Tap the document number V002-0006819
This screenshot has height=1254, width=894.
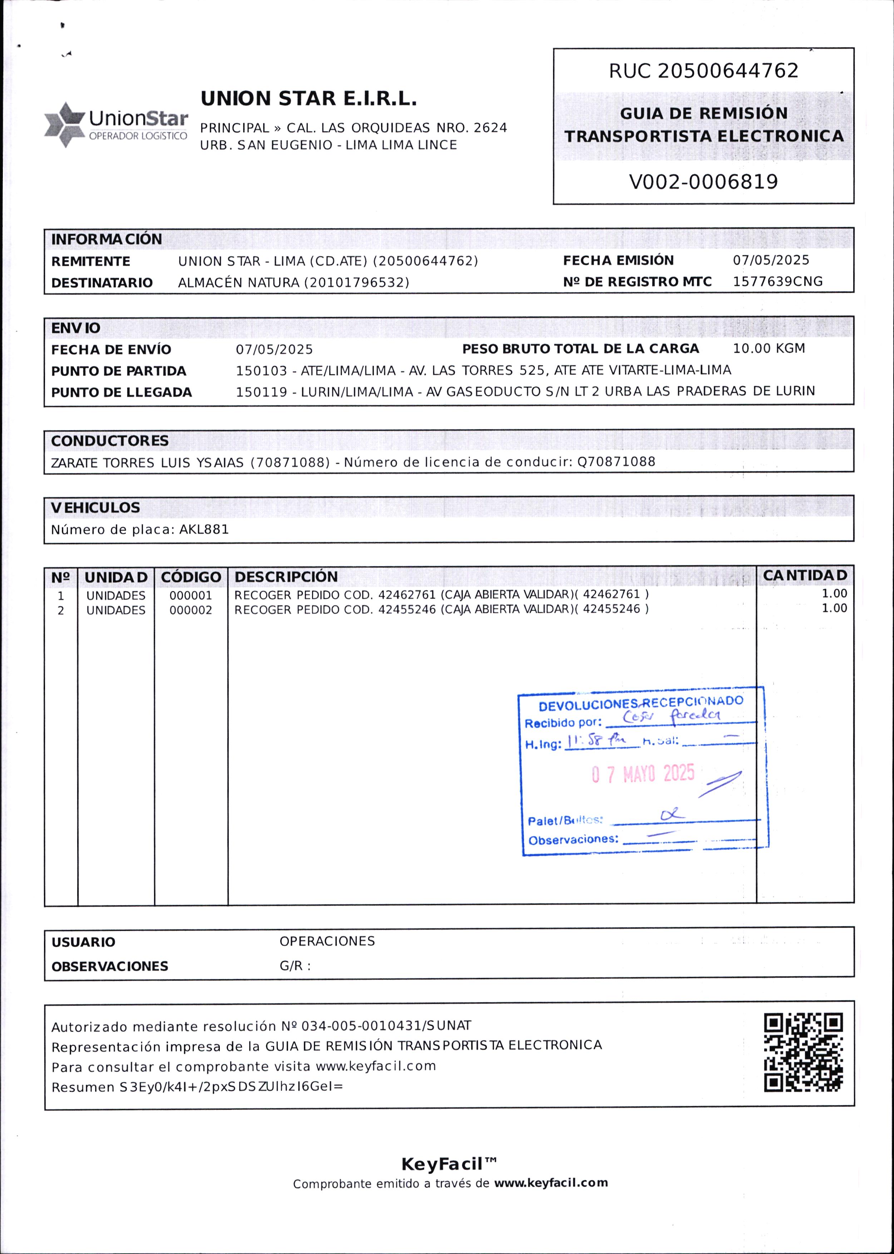click(x=703, y=182)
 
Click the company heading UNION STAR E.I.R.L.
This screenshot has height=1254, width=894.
click(x=308, y=99)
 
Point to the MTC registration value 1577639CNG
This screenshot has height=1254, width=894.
click(x=777, y=281)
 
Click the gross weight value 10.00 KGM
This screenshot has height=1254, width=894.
click(x=769, y=349)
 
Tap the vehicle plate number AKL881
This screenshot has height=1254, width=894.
click(x=204, y=529)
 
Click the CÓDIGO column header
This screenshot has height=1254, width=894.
click(x=191, y=577)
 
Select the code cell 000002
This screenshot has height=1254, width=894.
click(x=191, y=610)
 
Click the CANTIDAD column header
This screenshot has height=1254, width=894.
click(x=805, y=575)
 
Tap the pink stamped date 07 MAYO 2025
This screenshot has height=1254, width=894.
click(x=643, y=774)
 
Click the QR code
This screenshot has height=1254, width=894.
click(x=803, y=1052)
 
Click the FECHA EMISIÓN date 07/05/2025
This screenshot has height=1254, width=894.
click(x=771, y=260)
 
